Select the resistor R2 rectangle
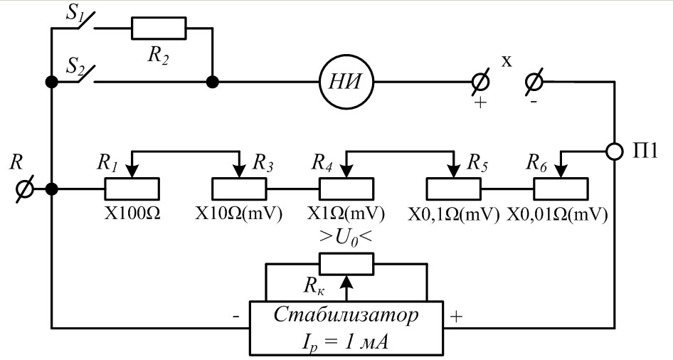point(159,28)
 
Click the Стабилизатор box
point(346,328)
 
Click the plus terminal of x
point(481,83)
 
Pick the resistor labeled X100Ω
point(132,189)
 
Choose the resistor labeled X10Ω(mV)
point(239,189)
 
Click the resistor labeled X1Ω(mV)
point(345,189)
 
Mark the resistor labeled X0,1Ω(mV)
point(452,189)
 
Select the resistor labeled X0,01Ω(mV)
point(560,189)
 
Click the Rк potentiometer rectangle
point(346,264)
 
